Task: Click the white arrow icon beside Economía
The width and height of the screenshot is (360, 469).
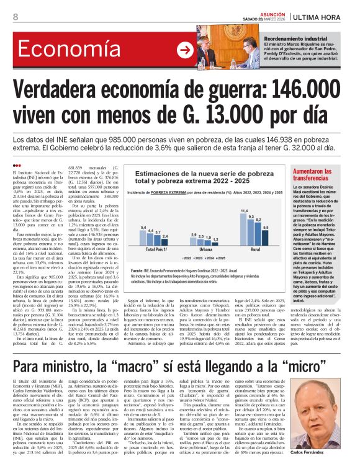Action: tap(186, 50)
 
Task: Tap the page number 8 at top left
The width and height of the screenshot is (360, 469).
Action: tap(14, 17)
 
